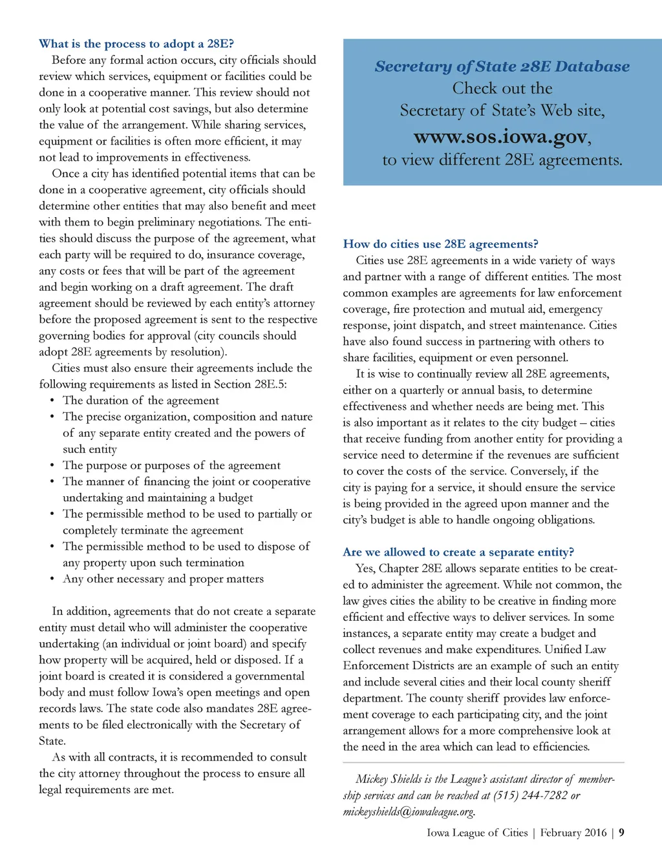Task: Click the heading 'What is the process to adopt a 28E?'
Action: point(136,44)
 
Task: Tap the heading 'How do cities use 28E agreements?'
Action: point(440,244)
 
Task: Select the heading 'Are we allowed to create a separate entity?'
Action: point(458,552)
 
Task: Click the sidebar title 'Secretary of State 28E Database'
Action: point(502,67)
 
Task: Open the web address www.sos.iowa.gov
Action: point(501,137)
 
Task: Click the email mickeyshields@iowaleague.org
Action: point(409,811)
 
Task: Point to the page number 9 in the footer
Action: point(621,833)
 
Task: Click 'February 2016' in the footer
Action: point(573,833)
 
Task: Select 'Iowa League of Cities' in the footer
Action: point(477,833)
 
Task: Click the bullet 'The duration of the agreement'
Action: point(141,401)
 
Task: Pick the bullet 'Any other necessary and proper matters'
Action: point(163,579)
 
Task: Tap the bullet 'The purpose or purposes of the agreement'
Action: point(171,466)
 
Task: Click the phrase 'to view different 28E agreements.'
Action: point(502,160)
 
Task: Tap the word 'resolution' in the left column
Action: point(193,352)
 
